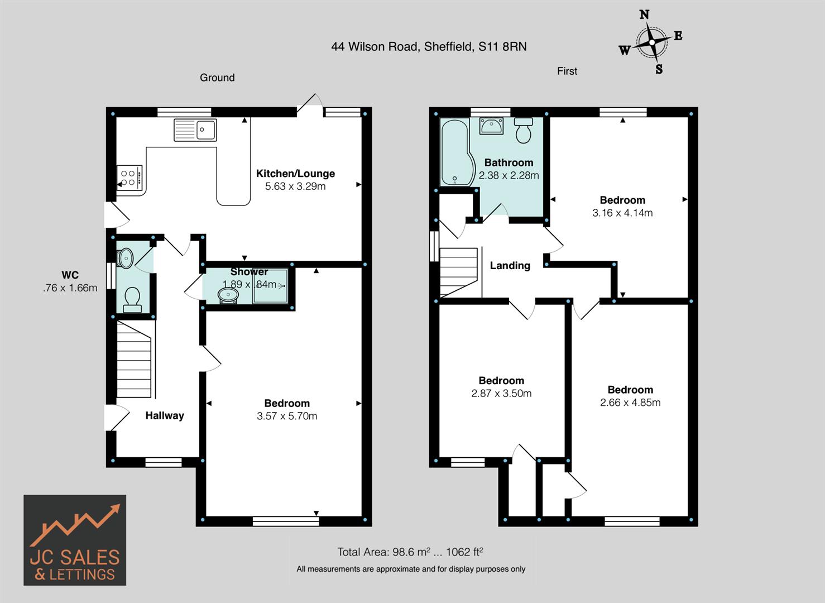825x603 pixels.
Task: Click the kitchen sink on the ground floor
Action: tap(195, 130)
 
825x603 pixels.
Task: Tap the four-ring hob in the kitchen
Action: tap(129, 178)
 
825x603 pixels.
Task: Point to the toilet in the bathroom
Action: tap(524, 131)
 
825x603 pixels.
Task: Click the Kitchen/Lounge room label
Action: tap(295, 174)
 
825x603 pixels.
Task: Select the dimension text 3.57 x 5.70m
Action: tap(287, 416)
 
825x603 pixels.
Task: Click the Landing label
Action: tap(510, 266)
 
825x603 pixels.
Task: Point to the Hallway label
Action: tap(165, 415)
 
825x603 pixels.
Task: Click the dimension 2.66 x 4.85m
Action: tap(630, 403)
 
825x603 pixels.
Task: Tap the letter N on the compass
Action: tap(644, 15)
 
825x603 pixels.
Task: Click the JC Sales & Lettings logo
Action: tap(75, 540)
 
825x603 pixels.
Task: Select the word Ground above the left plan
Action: tap(217, 78)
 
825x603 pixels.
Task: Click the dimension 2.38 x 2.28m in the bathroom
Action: tap(509, 175)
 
